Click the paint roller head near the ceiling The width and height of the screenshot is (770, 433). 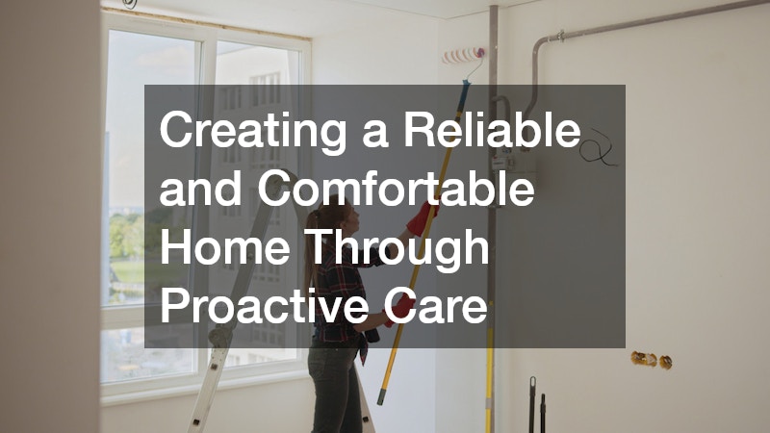(463, 56)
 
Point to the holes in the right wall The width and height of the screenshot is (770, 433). (651, 360)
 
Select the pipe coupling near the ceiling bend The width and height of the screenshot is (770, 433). (555, 37)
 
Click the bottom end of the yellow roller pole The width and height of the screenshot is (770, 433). (381, 397)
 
